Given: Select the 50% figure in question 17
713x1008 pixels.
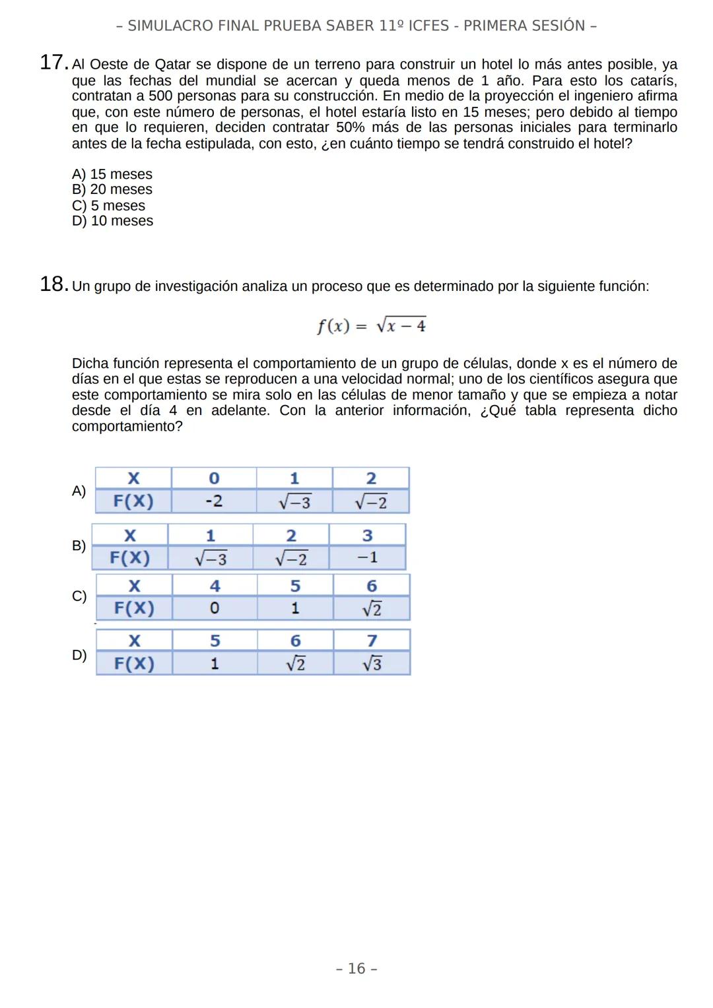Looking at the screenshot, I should [x=350, y=127].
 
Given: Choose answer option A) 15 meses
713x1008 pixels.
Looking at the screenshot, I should [x=112, y=174].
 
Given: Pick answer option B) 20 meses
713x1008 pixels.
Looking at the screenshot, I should [x=112, y=190].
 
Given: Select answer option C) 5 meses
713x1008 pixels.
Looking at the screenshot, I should [x=108, y=206].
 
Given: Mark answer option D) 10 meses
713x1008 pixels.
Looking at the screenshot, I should [x=112, y=222].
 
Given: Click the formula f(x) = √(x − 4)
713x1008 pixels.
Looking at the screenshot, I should [x=371, y=326].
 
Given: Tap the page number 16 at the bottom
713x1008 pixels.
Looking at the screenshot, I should [x=356, y=968].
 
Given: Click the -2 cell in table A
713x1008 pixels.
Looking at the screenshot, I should [x=213, y=501].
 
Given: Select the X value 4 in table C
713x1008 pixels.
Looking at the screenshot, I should [x=215, y=586].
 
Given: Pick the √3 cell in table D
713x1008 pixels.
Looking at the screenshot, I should [x=372, y=664].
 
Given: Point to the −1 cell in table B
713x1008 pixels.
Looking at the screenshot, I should [x=367, y=558].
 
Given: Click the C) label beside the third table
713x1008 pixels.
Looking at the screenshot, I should [x=79, y=596].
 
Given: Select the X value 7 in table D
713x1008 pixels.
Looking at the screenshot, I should [x=372, y=641].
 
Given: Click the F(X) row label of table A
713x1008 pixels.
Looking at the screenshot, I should [x=133, y=501].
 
